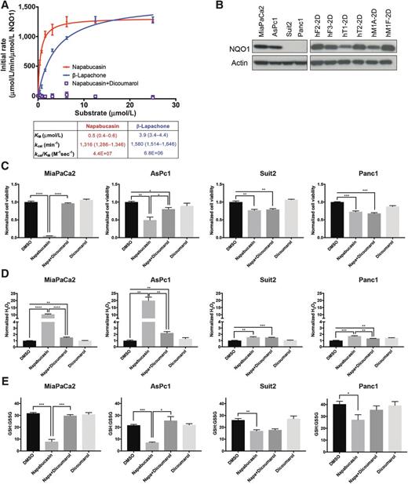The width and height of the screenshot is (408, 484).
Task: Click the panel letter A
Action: pyautogui.click(x=5, y=5)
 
